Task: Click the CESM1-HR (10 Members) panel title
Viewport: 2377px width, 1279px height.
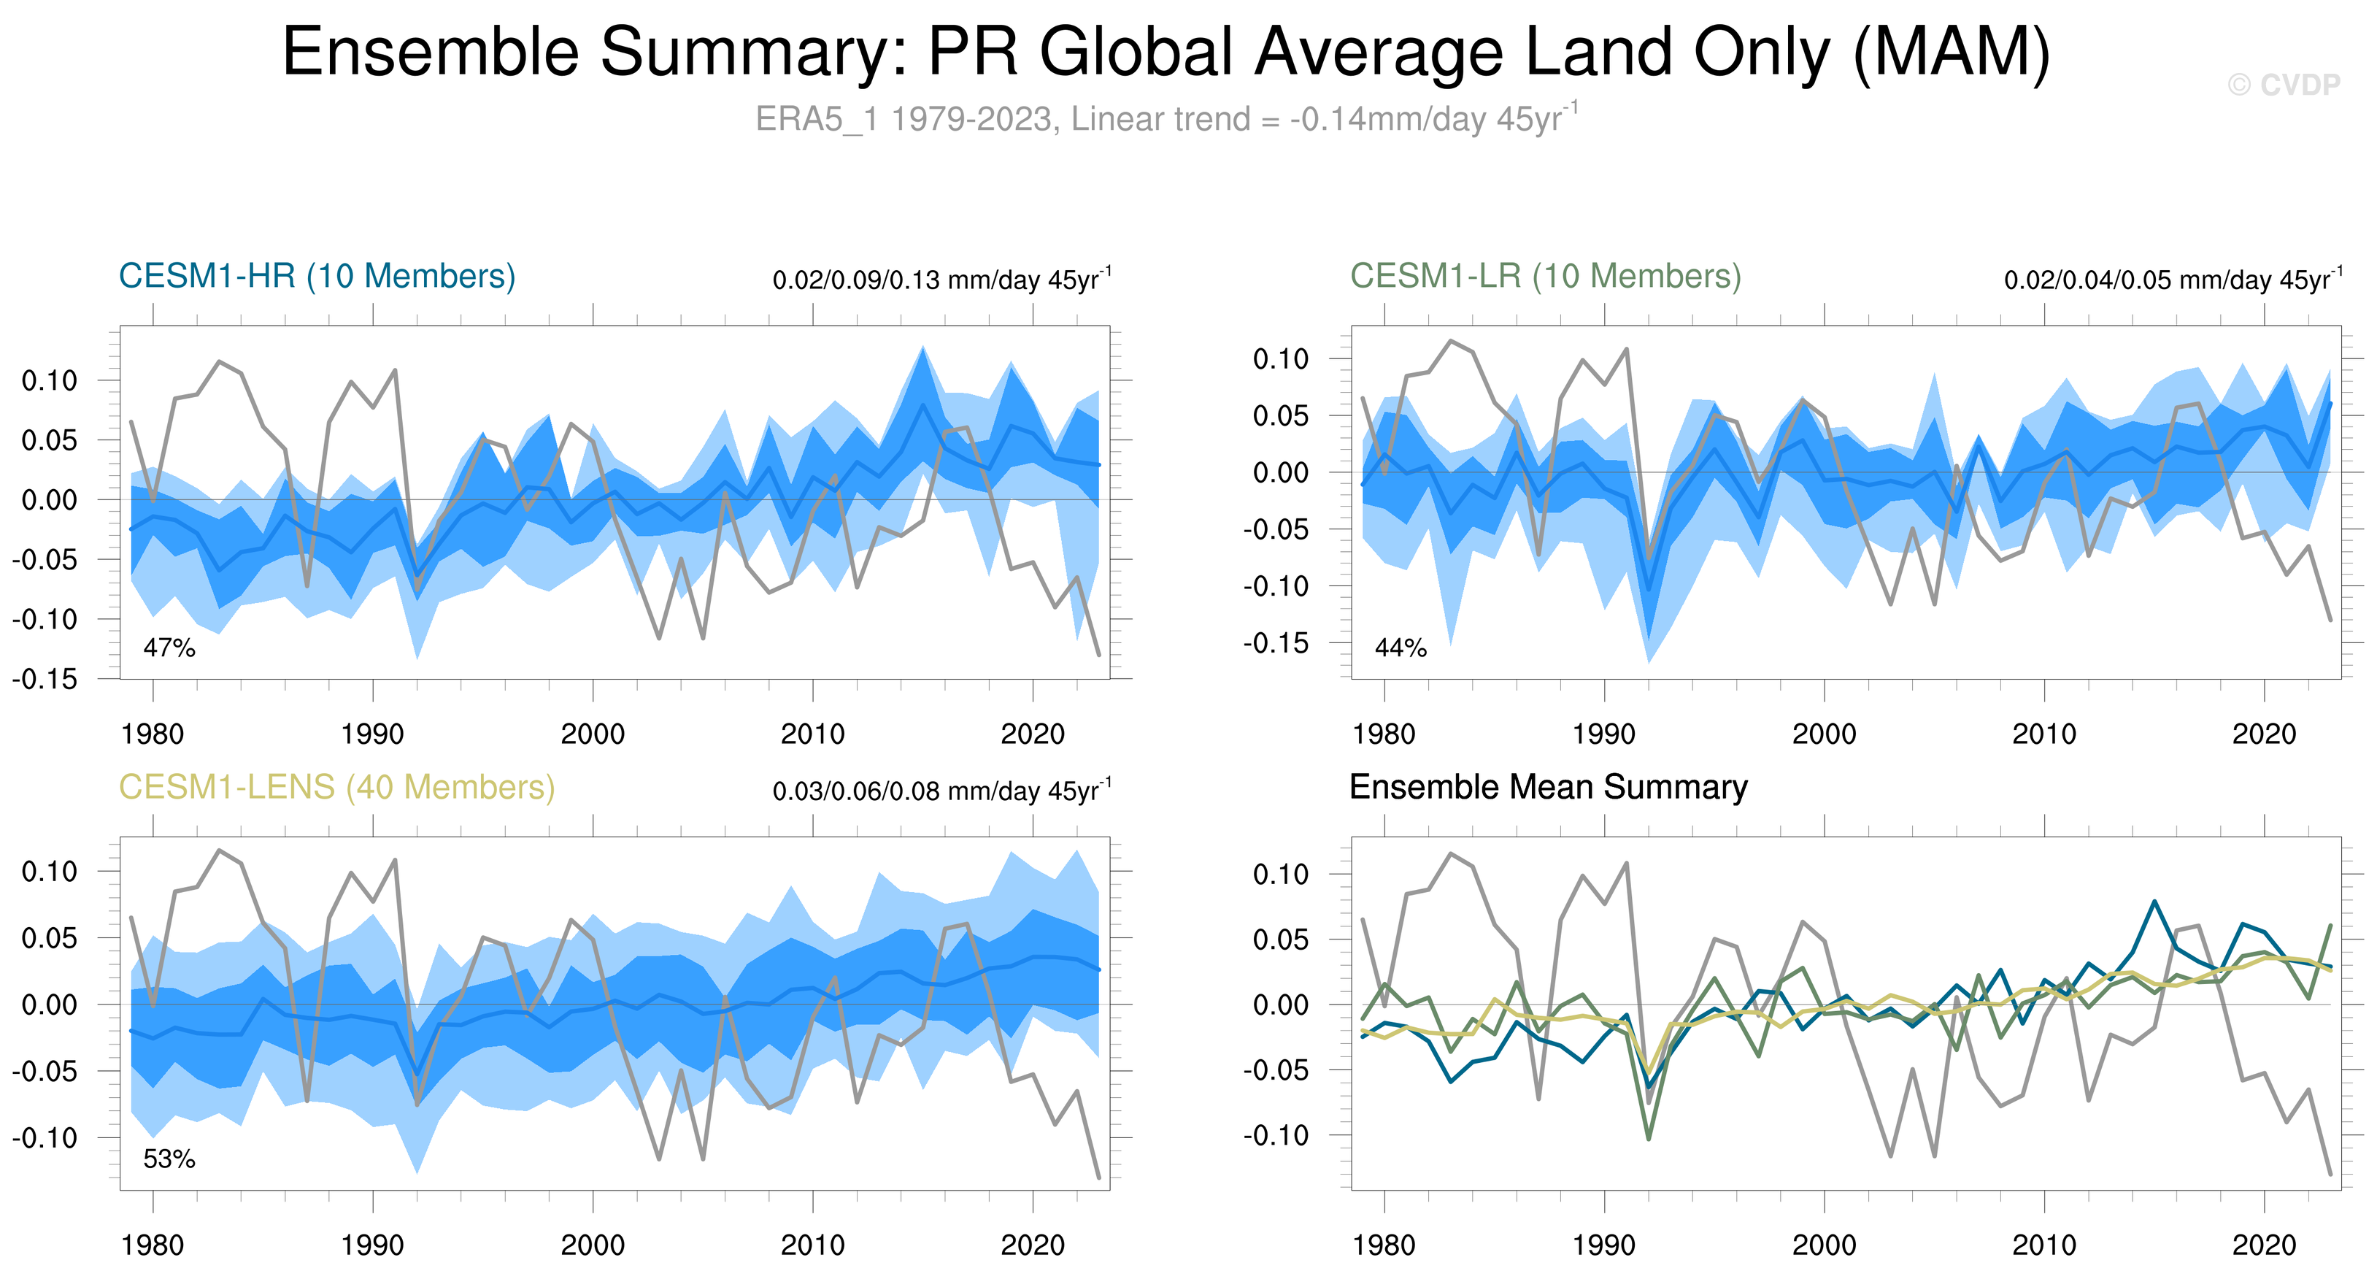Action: [x=317, y=276]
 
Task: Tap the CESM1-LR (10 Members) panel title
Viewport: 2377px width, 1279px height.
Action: [x=1546, y=276]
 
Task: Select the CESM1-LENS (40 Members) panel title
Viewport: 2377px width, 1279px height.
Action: [x=336, y=787]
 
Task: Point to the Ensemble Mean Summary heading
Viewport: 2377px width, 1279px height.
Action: [x=1549, y=787]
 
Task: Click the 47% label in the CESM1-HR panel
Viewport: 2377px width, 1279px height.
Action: [x=169, y=648]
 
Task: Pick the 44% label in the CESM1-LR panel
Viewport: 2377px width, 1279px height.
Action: [x=1400, y=648]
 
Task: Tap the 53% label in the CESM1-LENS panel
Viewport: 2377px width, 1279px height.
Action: [x=169, y=1159]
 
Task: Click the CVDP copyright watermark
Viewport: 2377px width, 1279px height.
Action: [x=2284, y=85]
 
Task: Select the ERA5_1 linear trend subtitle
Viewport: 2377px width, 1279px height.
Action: [x=1166, y=119]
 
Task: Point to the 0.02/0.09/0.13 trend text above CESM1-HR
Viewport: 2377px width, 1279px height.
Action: [x=941, y=279]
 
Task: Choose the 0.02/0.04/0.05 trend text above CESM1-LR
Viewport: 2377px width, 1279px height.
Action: [x=2172, y=279]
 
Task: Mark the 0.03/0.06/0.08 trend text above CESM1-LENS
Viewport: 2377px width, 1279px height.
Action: [x=941, y=791]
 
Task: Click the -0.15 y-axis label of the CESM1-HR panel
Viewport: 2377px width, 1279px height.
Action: [x=45, y=679]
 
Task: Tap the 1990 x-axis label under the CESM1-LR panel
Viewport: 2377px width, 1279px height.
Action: [x=1603, y=734]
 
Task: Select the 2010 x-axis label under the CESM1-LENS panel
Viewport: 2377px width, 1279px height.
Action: [x=812, y=1245]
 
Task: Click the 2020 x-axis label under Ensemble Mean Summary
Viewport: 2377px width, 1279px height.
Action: [x=2263, y=1245]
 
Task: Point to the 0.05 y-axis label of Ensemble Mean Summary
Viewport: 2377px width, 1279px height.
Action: [x=1281, y=940]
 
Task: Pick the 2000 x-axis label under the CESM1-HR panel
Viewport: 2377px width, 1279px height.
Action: [x=593, y=734]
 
